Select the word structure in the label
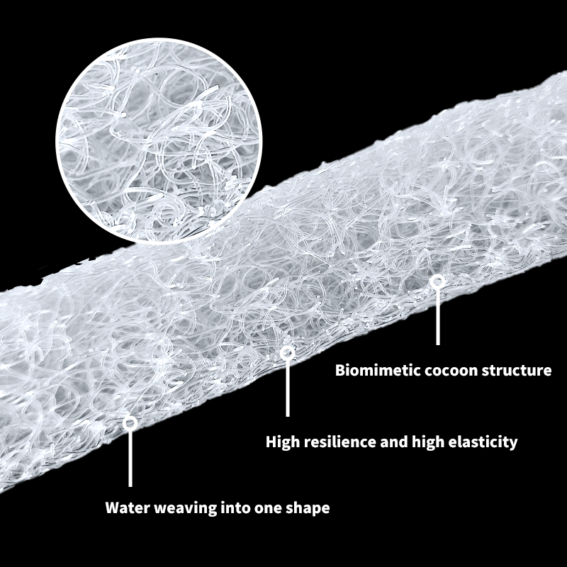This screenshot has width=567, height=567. point(515,370)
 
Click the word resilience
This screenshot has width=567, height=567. point(335,442)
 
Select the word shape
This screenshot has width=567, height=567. point(310,508)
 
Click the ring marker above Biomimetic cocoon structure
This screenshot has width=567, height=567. point(438,281)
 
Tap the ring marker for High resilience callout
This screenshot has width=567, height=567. point(287,352)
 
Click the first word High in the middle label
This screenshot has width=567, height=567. point(281,442)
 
